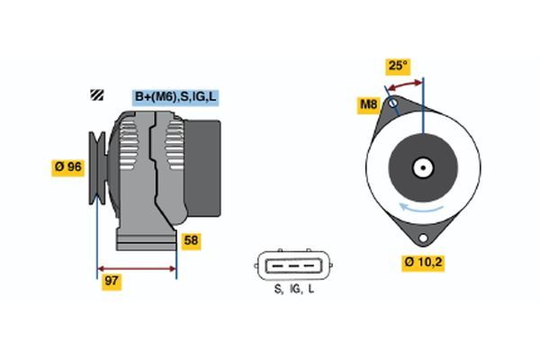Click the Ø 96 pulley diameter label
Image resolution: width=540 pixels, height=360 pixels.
[67, 167]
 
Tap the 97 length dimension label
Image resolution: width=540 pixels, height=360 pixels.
[112, 281]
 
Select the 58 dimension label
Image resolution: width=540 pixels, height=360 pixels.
[191, 240]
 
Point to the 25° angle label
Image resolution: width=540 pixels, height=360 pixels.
[398, 66]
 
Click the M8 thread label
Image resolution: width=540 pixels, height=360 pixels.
[368, 104]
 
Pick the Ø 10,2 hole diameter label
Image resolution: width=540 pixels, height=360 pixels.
[423, 263]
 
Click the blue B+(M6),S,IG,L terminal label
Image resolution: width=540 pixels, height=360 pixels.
[175, 97]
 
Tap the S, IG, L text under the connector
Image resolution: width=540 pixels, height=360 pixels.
[294, 289]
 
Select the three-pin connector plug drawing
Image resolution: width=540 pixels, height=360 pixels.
[293, 265]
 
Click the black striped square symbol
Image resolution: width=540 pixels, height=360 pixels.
[97, 94]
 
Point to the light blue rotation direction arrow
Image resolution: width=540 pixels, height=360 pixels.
[421, 208]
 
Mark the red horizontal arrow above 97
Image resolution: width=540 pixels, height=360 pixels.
[137, 269]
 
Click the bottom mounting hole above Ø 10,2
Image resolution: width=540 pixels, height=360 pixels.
[423, 238]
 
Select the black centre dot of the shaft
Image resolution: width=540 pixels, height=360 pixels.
[423, 168]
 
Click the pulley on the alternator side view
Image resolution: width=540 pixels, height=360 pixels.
[98, 167]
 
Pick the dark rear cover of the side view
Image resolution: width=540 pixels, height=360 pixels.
[202, 168]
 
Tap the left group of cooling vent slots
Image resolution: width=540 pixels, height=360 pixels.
[128, 145]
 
